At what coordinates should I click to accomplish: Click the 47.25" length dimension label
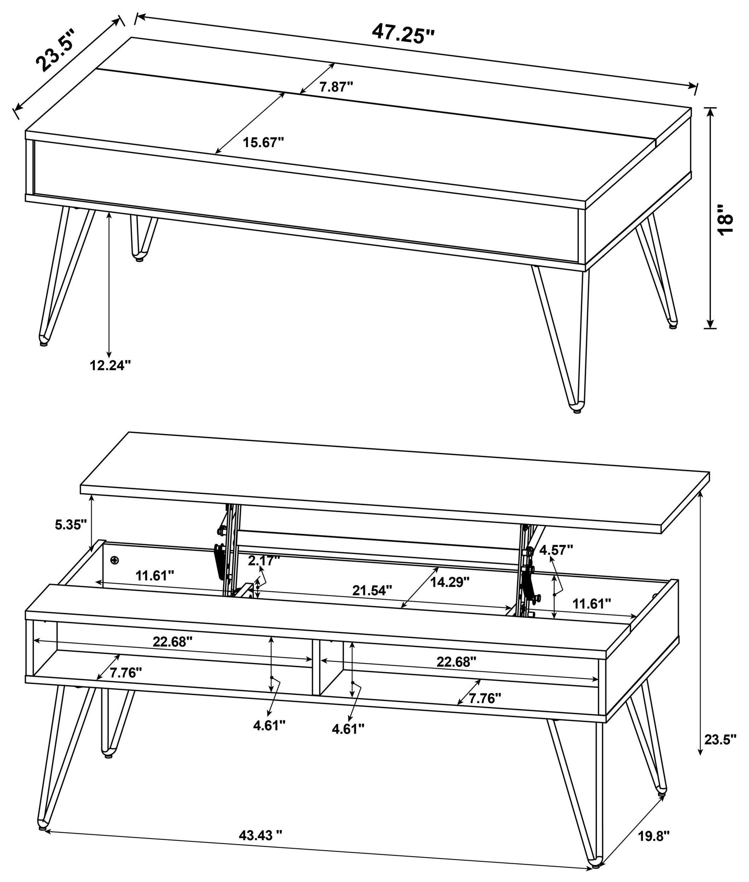pyautogui.click(x=404, y=33)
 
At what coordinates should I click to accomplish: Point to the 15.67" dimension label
pyautogui.click(x=263, y=142)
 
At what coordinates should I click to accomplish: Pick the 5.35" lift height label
pyautogui.click(x=71, y=525)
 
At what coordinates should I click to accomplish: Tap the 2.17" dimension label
pyautogui.click(x=264, y=560)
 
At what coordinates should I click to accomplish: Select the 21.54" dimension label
pyautogui.click(x=372, y=590)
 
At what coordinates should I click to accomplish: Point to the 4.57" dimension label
pyautogui.click(x=556, y=550)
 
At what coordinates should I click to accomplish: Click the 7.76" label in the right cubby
pyautogui.click(x=485, y=698)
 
